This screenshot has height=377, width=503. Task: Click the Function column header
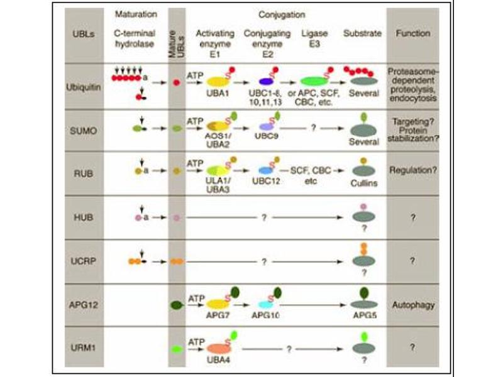point(412,33)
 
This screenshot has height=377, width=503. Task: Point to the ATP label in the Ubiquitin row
point(195,74)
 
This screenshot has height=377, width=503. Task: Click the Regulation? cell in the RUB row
point(412,170)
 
